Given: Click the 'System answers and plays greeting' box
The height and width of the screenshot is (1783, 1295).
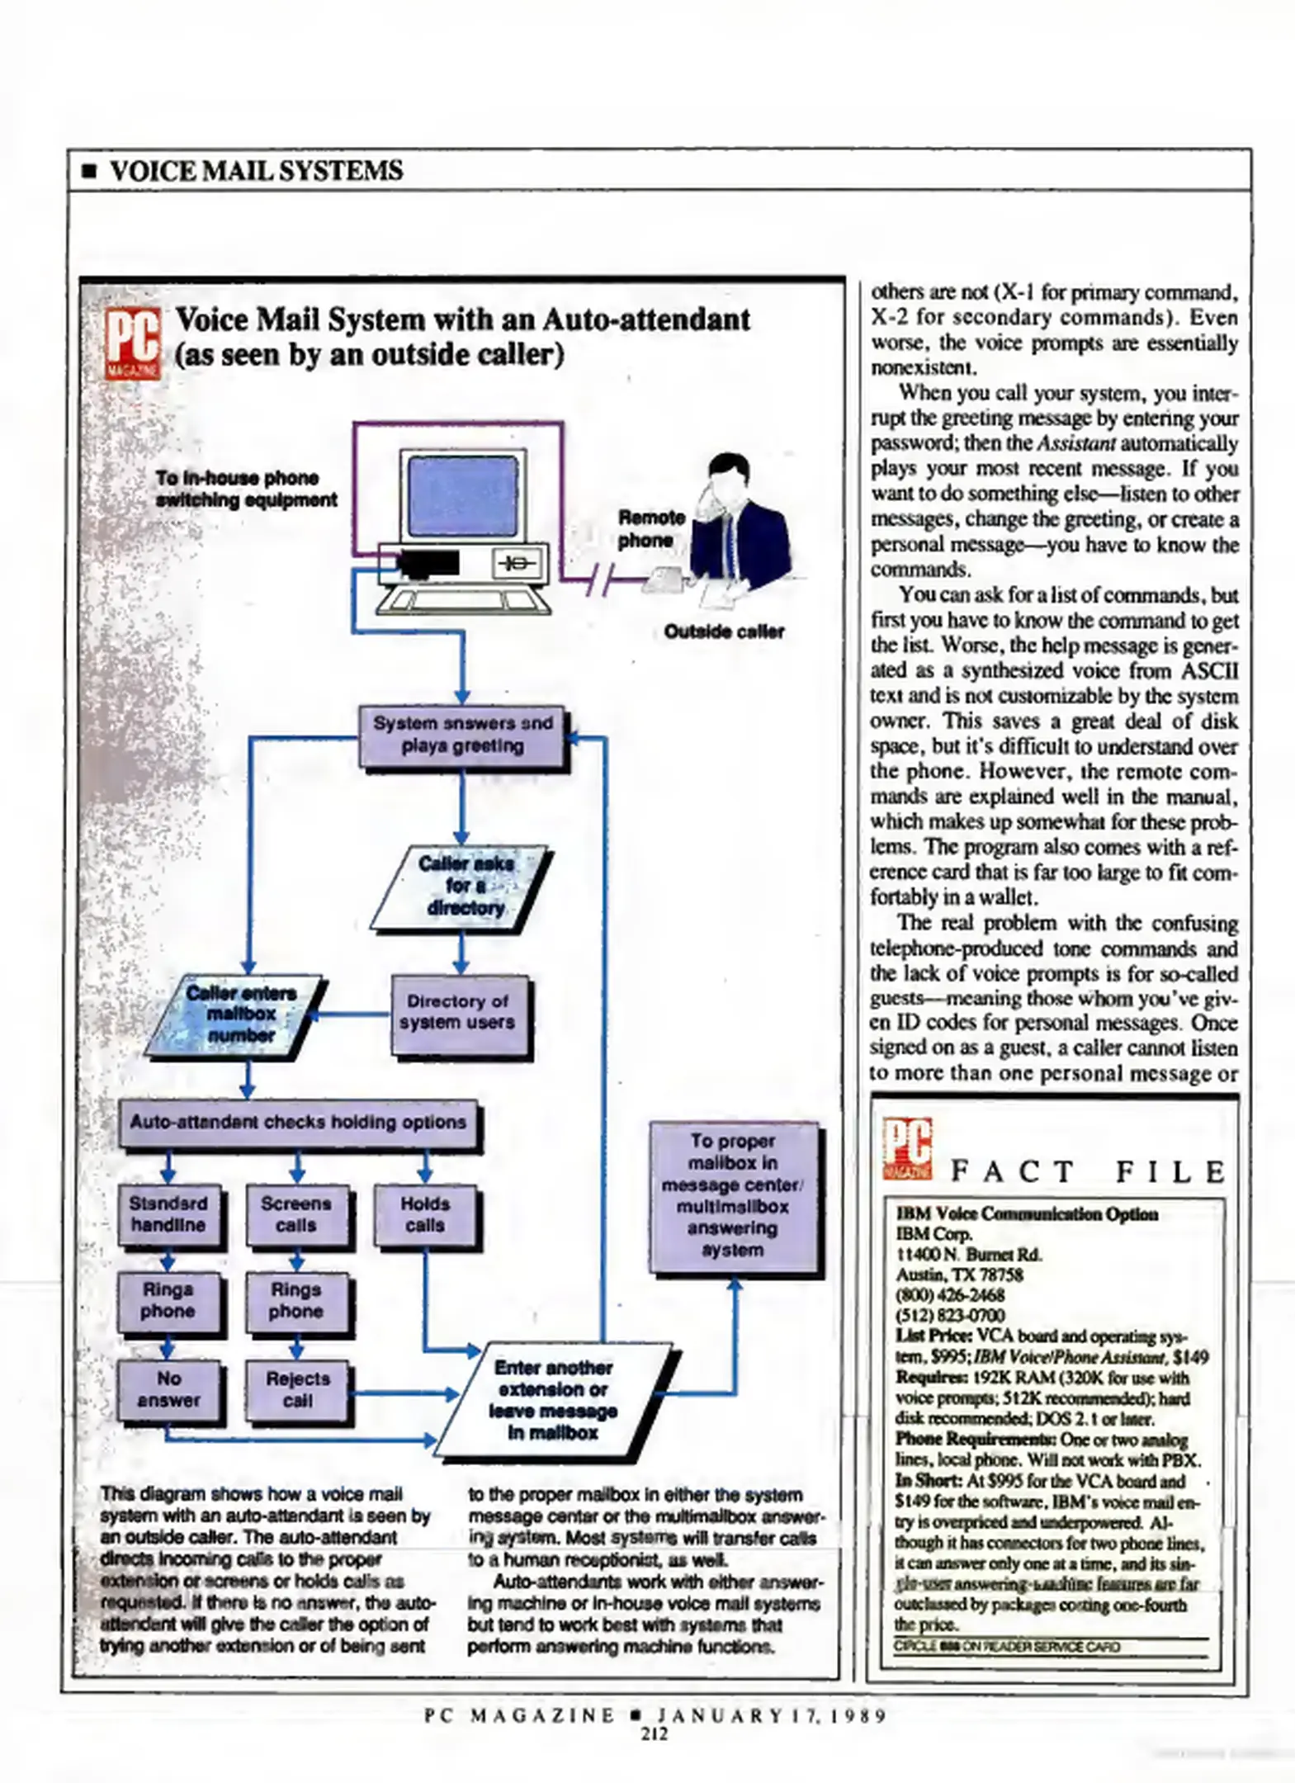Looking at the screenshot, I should [x=462, y=735].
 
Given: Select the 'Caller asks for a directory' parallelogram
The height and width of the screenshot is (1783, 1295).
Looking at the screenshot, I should [x=462, y=887].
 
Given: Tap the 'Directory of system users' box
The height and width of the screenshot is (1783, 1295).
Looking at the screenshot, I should [x=460, y=1013].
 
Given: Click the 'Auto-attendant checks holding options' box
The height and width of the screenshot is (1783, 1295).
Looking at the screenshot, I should [x=298, y=1123].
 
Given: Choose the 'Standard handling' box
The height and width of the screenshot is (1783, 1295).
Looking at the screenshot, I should [x=168, y=1214].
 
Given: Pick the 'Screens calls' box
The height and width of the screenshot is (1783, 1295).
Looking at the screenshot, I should [x=296, y=1214].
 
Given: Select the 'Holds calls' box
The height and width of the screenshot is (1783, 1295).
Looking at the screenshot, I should [x=425, y=1214].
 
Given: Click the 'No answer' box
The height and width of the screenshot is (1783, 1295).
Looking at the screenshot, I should [x=168, y=1390].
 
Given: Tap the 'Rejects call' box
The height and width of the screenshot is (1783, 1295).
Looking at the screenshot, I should [x=297, y=1390].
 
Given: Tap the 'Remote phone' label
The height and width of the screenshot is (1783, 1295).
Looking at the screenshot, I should [x=652, y=529].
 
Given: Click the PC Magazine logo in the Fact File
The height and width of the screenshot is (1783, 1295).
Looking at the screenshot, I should [x=906, y=1147].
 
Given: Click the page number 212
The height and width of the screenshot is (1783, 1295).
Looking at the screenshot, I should [x=655, y=1734].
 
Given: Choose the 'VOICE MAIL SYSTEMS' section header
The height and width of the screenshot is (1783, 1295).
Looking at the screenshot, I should [x=256, y=171].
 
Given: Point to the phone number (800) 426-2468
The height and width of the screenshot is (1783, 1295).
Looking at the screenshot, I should [x=950, y=1295].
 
